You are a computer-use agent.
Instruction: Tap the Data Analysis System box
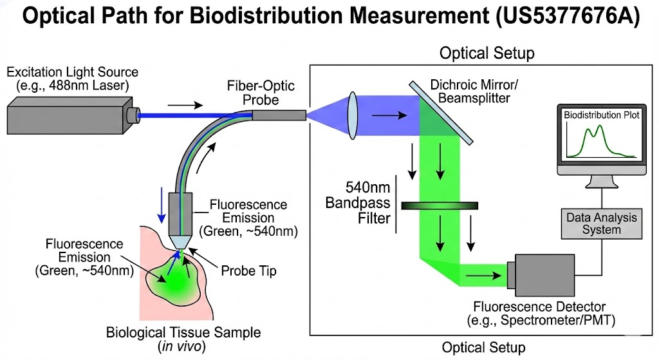point(602,223)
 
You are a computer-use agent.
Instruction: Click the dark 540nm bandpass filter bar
point(440,205)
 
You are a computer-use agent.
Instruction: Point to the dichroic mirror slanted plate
point(441,113)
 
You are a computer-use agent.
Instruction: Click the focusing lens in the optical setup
point(353,116)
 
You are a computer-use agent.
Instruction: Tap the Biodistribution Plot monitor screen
point(602,135)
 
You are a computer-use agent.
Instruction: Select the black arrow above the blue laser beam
point(185,105)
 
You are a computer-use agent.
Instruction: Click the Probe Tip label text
point(249,271)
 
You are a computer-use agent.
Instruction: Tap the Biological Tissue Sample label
point(183,339)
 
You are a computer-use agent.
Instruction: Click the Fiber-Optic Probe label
point(261,93)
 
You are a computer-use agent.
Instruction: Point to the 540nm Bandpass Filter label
point(358,203)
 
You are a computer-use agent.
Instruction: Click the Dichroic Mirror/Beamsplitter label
point(474,91)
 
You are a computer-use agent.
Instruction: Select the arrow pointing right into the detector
point(484,276)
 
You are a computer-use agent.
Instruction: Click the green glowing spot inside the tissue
point(176,279)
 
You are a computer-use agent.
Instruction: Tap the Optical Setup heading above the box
point(487,53)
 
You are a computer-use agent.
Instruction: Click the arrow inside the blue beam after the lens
point(389,115)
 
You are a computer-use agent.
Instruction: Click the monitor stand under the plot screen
point(602,182)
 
